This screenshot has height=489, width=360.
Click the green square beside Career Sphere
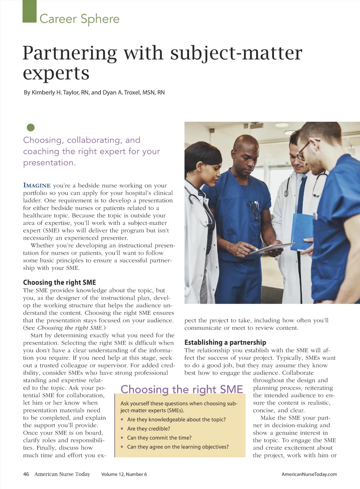30,11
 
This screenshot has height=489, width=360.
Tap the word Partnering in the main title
70,53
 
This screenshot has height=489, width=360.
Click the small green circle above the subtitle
31,127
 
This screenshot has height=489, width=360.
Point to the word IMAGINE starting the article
37,185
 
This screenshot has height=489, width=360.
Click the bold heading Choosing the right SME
59,282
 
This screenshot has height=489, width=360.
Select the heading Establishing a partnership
225,343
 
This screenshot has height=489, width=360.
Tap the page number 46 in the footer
26,474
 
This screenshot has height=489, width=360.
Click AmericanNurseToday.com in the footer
309,474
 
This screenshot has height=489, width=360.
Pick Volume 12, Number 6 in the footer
124,474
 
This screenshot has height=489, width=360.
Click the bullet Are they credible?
148,429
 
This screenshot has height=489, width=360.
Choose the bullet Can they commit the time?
159,438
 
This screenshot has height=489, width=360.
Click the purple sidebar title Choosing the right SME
181,389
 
